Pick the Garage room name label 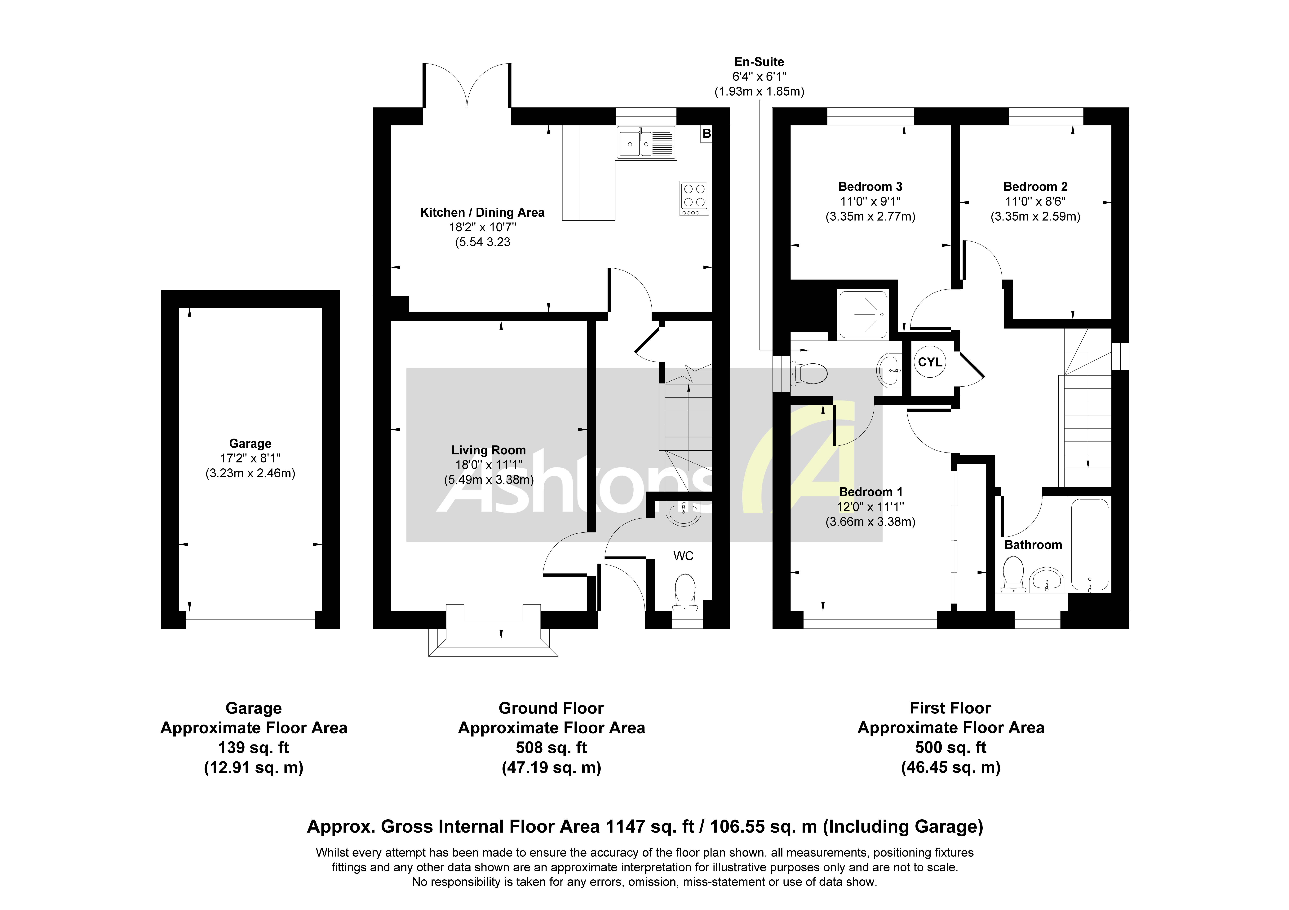[x=250, y=444]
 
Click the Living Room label [x=488, y=450]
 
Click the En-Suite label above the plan [x=759, y=62]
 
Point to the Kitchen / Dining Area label [x=482, y=213]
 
